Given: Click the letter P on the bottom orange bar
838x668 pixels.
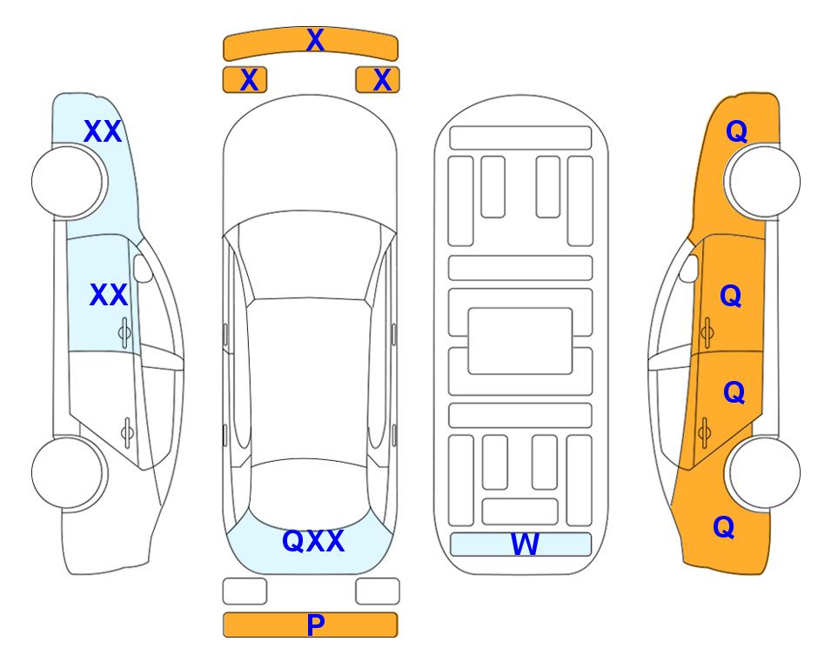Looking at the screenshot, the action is click(x=315, y=625).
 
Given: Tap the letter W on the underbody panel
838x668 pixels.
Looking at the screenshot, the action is click(x=525, y=544).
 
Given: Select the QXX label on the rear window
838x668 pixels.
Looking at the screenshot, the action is click(x=313, y=541).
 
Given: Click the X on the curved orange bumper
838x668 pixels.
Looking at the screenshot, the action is click(x=315, y=40).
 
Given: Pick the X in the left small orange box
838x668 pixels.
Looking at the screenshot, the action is click(x=249, y=80).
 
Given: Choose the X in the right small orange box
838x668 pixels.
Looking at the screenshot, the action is click(x=382, y=80).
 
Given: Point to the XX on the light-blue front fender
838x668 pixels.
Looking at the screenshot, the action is click(x=103, y=131).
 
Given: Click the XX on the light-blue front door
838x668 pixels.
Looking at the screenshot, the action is click(x=109, y=295).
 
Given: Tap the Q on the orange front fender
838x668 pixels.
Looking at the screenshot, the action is click(x=736, y=131).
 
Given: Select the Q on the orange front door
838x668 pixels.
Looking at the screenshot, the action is click(x=731, y=296).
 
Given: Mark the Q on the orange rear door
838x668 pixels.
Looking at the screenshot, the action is click(x=734, y=392).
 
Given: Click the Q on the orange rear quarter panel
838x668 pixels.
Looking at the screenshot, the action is click(x=724, y=527).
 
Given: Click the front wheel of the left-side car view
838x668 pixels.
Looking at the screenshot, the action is click(x=68, y=182).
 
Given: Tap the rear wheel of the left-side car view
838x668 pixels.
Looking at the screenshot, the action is click(x=68, y=473).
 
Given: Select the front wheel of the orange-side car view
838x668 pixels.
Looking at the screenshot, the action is click(x=764, y=182).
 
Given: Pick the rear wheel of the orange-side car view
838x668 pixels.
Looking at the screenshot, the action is click(x=764, y=473).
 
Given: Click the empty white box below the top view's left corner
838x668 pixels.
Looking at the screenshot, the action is click(x=245, y=591).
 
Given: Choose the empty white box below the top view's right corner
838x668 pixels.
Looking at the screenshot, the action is click(x=378, y=591).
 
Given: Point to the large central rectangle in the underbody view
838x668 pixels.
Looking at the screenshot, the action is click(x=520, y=341).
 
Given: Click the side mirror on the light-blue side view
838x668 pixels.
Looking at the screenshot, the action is click(x=143, y=268).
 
